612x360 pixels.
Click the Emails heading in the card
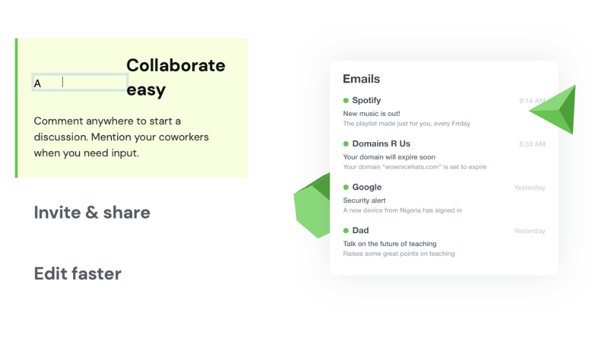pyautogui.click(x=361, y=79)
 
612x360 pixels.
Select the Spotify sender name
pyautogui.click(x=366, y=100)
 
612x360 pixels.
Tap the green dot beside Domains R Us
pyautogui.click(x=346, y=143)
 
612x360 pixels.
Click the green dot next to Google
pyautogui.click(x=346, y=187)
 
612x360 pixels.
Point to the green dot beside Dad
pyautogui.click(x=346, y=230)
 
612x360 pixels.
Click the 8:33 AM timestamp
pyautogui.click(x=532, y=144)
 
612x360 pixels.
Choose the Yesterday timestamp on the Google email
pyautogui.click(x=529, y=188)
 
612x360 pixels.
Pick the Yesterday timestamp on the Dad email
pyautogui.click(x=529, y=231)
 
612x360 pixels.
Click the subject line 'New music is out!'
pyautogui.click(x=371, y=113)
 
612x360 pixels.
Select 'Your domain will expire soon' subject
pyautogui.click(x=389, y=157)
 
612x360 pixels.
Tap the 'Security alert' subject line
pyautogui.click(x=364, y=200)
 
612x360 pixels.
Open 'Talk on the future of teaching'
pyautogui.click(x=389, y=243)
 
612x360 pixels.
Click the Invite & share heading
pyautogui.click(x=92, y=213)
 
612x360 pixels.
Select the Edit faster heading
pyautogui.click(x=77, y=274)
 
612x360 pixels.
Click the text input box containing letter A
pyautogui.click(x=80, y=83)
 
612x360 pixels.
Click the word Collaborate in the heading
pyautogui.click(x=175, y=65)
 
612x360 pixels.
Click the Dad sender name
pyautogui.click(x=360, y=230)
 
